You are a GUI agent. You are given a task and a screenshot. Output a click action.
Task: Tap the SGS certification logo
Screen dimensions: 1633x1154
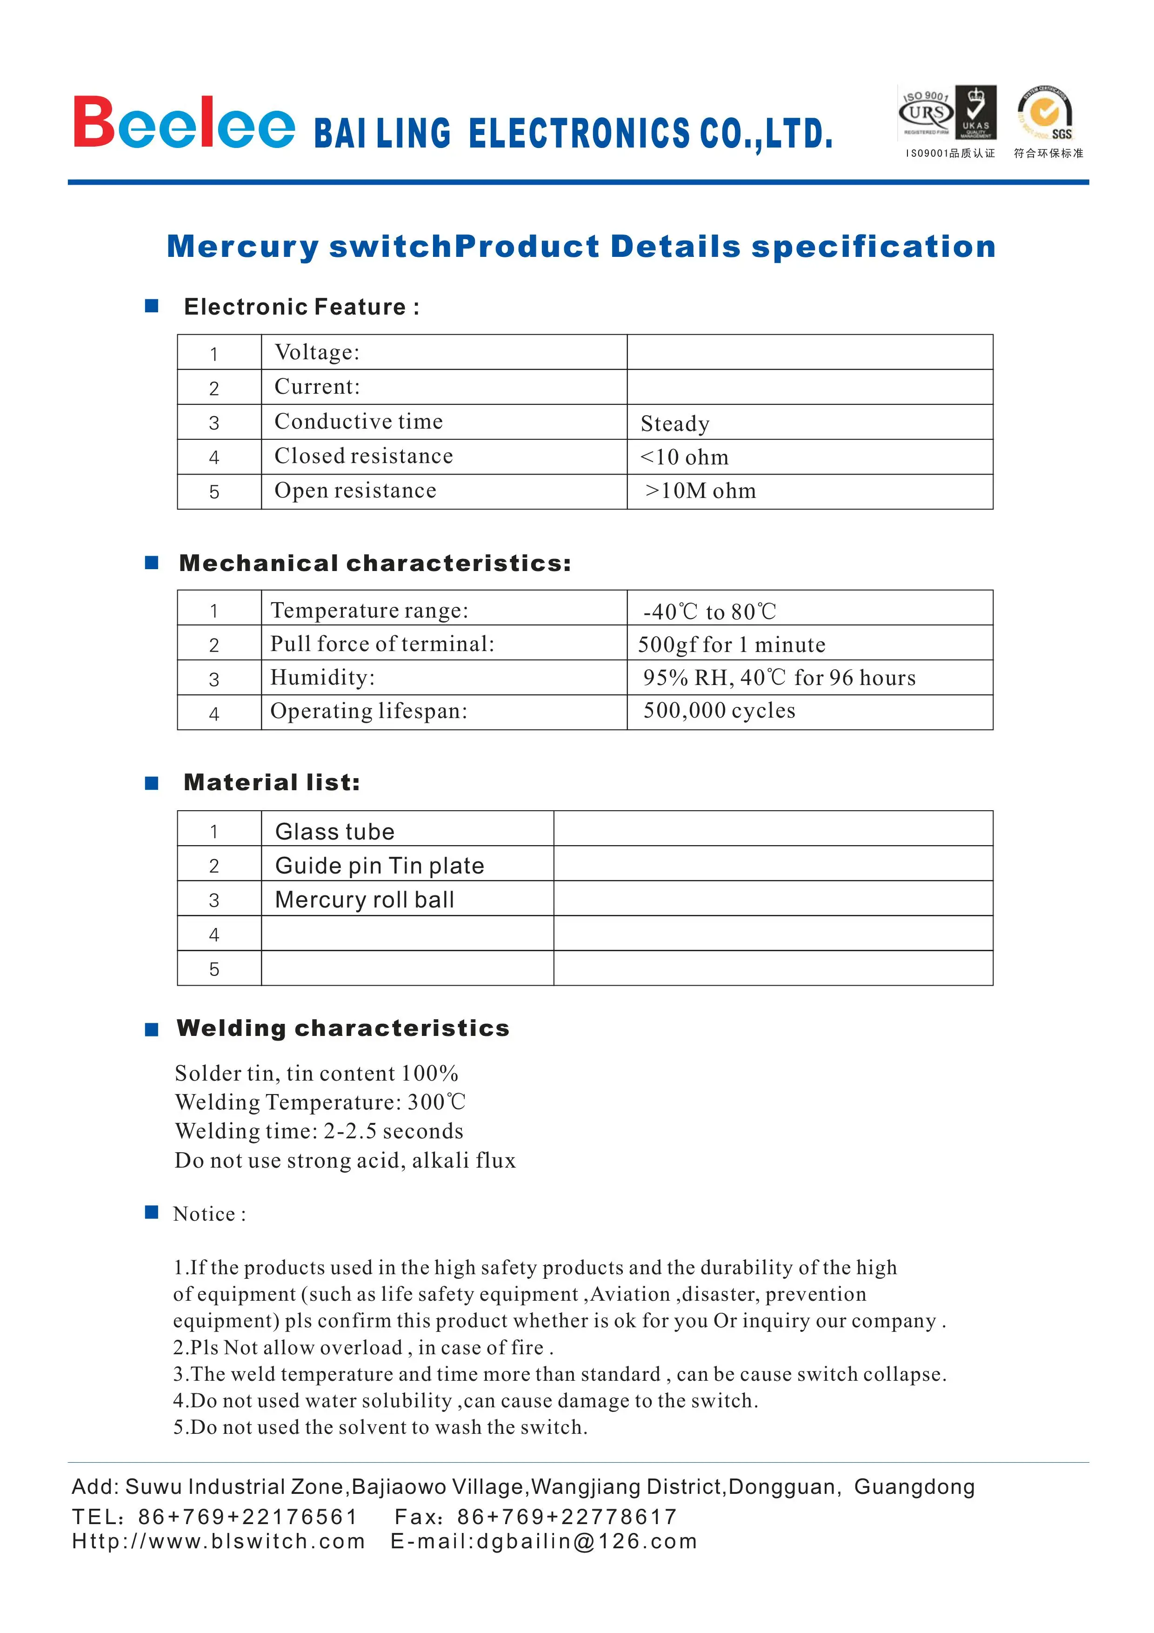point(1045,114)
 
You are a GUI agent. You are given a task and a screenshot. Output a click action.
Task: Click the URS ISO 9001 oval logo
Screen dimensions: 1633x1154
point(926,112)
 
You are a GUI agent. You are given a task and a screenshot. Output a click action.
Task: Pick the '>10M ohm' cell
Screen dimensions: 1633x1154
point(700,491)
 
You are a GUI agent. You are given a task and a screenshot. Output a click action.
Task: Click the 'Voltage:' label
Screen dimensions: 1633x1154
point(317,352)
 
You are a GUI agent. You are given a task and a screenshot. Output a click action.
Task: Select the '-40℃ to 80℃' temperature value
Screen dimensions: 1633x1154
point(709,611)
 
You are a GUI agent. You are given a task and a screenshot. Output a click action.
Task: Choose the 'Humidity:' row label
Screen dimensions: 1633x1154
point(322,677)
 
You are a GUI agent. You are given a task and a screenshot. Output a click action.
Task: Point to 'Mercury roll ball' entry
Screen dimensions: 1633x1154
point(364,900)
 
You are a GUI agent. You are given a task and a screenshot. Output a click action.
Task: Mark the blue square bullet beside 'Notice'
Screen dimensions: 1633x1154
point(152,1212)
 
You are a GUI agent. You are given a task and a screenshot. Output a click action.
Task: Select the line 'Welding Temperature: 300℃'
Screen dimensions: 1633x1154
point(320,1102)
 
